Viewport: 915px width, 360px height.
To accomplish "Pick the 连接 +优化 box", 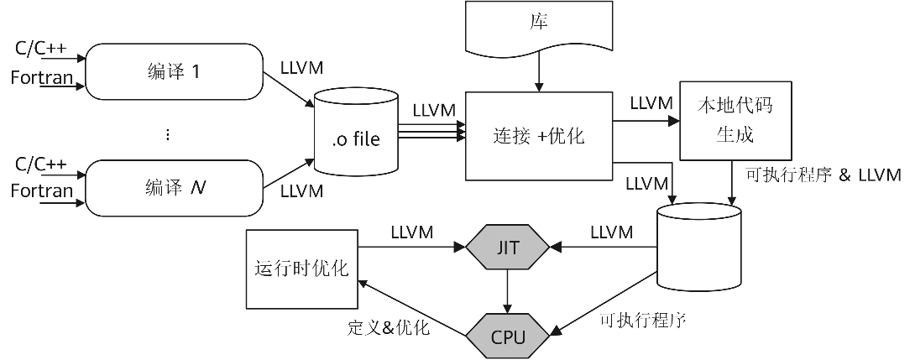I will (x=538, y=136).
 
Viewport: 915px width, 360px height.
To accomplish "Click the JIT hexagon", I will (x=508, y=248).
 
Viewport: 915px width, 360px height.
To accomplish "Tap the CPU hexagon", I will (x=508, y=337).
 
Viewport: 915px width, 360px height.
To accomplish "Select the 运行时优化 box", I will (x=301, y=268).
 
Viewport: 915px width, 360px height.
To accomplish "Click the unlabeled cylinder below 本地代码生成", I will (x=699, y=249).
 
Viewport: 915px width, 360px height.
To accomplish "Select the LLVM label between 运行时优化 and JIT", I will (x=411, y=232).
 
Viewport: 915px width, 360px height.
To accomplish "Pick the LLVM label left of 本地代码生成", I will (x=651, y=104).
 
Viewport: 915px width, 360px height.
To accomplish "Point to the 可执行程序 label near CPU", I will (x=643, y=321).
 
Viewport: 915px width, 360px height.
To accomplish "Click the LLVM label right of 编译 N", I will (x=301, y=190).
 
